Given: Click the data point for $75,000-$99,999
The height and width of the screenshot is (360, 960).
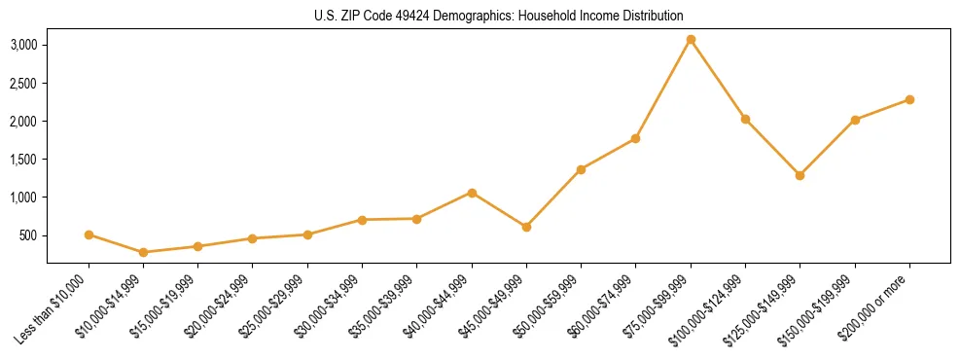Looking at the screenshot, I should pos(691,40).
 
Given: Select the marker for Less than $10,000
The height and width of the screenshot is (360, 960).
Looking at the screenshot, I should pos(89,234).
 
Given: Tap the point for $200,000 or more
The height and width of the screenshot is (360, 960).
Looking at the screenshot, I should pos(909,99).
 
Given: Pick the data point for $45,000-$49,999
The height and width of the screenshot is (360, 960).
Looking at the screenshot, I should pos(526,227).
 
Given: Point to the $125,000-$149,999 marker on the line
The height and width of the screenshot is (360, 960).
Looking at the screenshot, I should pos(800,175).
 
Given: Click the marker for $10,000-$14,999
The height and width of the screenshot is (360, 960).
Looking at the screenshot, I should pos(144,252).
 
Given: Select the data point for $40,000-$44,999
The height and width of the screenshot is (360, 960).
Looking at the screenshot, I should pos(472,193).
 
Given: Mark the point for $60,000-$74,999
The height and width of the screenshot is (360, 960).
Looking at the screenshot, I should pos(635,138).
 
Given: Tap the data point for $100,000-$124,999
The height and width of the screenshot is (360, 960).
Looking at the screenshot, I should pos(745,119).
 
